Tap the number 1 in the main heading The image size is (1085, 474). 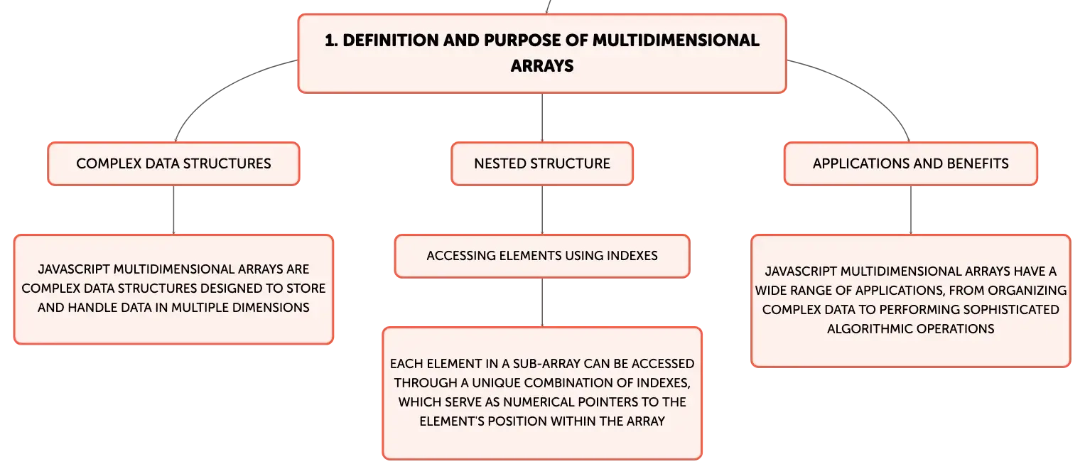[330, 41]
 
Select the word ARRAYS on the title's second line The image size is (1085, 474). [542, 66]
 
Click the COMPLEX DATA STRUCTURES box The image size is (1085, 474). [173, 164]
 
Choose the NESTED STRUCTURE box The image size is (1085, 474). [542, 164]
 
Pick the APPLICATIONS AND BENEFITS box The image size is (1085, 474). [911, 164]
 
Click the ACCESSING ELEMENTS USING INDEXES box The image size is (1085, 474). [542, 256]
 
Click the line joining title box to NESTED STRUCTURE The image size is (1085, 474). [542, 117]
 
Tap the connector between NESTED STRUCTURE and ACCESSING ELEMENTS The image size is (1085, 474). [542, 210]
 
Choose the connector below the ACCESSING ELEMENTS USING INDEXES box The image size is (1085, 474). [542, 303]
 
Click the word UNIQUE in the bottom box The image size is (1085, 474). [495, 383]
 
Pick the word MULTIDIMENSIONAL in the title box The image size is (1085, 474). [676, 41]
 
